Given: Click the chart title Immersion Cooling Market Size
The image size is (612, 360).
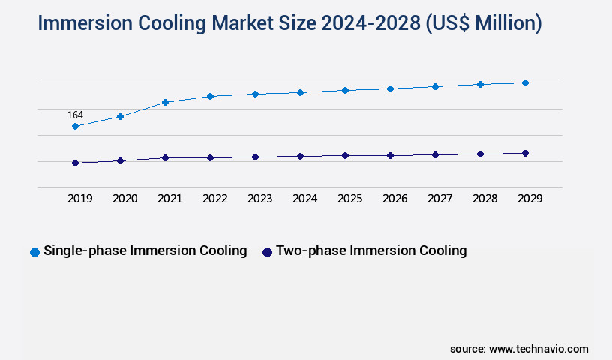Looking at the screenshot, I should coord(289,23).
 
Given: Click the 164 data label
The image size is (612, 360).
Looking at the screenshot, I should coord(75,115).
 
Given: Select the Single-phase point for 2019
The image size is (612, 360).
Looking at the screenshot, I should coord(75,127).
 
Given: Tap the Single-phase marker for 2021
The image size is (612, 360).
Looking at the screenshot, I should coord(165,102).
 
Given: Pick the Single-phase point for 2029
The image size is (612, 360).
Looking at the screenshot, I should coord(525,82).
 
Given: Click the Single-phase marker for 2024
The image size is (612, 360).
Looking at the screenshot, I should coord(300,92).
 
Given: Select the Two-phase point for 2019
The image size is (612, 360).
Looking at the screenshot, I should coord(75,163).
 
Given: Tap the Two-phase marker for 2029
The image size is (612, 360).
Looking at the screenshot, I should coord(525,153).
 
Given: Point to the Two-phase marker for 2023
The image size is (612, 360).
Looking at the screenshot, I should coord(255,157).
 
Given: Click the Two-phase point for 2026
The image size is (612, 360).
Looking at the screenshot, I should coord(390,155).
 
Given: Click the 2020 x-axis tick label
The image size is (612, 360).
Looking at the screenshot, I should coord(124,199).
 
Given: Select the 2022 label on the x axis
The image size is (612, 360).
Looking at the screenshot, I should coord(214,199).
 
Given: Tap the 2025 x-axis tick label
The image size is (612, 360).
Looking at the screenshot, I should coord(349,199).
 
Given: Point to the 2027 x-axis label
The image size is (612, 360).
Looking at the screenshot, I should coord(439,199).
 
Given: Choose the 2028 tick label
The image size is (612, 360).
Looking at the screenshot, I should coord(484,199).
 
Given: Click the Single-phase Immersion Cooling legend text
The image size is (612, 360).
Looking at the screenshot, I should coord(145,250).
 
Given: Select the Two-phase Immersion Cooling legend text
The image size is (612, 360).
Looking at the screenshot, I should coord(371,250).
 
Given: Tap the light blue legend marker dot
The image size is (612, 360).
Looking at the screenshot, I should coord(34,252).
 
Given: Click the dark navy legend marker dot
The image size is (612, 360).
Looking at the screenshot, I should coord(267,252).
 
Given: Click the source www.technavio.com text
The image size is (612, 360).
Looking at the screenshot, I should coord(519,349).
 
